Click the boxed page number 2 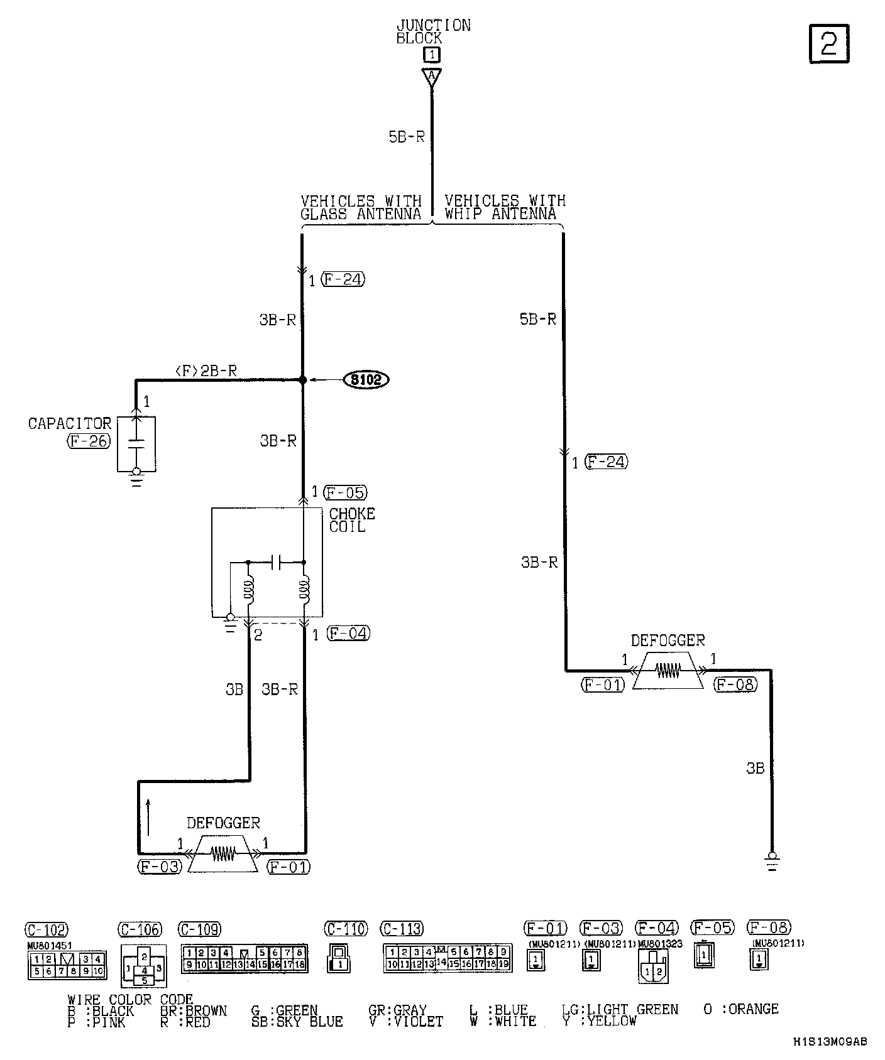coord(828,44)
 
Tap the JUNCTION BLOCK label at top coord(433,31)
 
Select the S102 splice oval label coord(366,379)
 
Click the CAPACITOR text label coord(69,424)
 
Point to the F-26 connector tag coord(88,441)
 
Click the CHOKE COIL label coord(352,520)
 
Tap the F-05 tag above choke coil coord(344,492)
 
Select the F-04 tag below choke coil coord(349,633)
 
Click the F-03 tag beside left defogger coord(160,867)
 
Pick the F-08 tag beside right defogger coord(735,684)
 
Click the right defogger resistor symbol coord(668,671)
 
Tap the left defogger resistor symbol coord(223,853)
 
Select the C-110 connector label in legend coord(346,928)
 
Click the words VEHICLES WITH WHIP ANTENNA coord(505,207)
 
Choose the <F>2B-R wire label coord(206,371)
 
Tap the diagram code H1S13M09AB coord(829,1041)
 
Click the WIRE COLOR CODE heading coord(130,999)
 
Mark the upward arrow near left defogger coord(148,816)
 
